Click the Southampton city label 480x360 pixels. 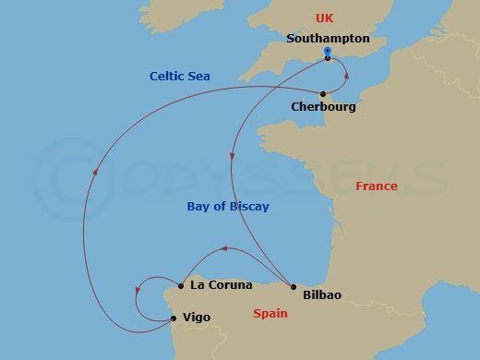(328, 40)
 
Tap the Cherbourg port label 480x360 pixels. (323, 107)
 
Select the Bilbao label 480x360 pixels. (321, 295)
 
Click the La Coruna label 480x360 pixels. (222, 285)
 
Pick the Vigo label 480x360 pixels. (197, 318)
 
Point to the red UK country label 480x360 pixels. (324, 18)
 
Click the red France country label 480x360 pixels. (377, 186)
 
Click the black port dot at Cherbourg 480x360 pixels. (323, 94)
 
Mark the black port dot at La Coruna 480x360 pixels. (181, 286)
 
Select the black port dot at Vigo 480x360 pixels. (173, 318)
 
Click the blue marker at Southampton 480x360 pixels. (328, 52)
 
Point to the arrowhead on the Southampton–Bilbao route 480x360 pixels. (232, 157)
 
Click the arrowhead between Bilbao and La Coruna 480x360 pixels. (223, 248)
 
